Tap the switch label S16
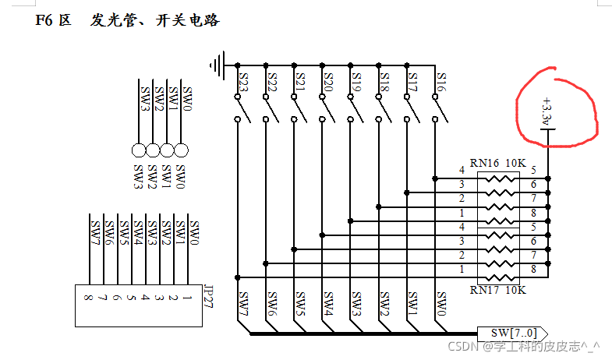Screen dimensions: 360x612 (441, 82)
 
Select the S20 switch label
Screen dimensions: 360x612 (328, 82)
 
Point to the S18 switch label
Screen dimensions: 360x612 (384, 82)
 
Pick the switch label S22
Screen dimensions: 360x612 (272, 82)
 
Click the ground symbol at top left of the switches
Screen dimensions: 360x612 (219, 64)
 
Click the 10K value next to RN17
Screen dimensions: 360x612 (516, 289)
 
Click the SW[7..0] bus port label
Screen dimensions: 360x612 (514, 333)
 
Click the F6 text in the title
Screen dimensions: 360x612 (44, 20)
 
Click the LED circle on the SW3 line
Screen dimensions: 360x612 (139, 150)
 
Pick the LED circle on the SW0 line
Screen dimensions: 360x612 (181, 150)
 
